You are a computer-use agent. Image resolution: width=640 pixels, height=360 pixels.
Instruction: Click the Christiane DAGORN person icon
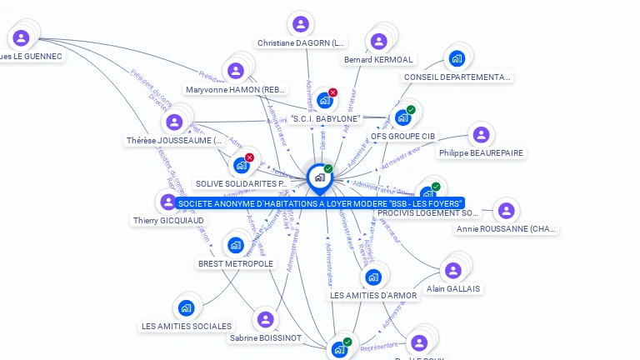click(300, 24)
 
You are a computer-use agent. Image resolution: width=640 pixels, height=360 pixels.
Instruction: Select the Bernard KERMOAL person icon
click(378, 42)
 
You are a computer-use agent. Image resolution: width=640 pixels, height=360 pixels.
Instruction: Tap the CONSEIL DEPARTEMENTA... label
click(457, 77)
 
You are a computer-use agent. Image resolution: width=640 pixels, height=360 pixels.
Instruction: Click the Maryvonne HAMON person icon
click(236, 71)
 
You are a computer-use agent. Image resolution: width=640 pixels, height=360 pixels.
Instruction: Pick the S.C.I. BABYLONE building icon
click(324, 101)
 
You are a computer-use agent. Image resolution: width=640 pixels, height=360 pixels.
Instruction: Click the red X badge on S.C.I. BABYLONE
click(333, 92)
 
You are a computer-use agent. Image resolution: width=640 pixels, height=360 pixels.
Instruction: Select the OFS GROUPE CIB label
click(403, 136)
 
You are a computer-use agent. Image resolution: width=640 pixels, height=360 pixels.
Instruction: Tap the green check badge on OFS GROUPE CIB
click(411, 110)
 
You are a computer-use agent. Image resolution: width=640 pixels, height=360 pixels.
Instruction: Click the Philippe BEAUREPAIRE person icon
click(480, 135)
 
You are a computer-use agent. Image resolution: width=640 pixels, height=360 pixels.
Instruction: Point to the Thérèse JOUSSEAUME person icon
click(174, 122)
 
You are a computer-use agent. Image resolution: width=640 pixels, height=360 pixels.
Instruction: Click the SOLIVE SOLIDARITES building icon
click(241, 165)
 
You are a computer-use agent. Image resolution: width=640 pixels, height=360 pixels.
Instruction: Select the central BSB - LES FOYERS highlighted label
click(320, 203)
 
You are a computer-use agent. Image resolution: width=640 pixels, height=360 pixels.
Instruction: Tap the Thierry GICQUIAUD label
click(168, 221)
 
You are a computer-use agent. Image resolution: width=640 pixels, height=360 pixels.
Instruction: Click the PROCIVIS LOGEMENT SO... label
click(428, 213)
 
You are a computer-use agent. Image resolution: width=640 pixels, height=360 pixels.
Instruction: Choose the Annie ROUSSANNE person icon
click(506, 211)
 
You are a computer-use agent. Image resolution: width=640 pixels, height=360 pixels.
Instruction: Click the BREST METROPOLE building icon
click(236, 246)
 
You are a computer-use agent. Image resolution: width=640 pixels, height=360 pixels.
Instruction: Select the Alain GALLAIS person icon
click(452, 271)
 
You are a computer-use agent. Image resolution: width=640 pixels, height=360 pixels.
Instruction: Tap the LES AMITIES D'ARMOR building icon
click(372, 277)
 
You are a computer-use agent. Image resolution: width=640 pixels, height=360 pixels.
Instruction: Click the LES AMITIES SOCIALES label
click(187, 326)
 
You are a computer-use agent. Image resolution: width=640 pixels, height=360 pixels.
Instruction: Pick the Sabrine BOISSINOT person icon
click(265, 320)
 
